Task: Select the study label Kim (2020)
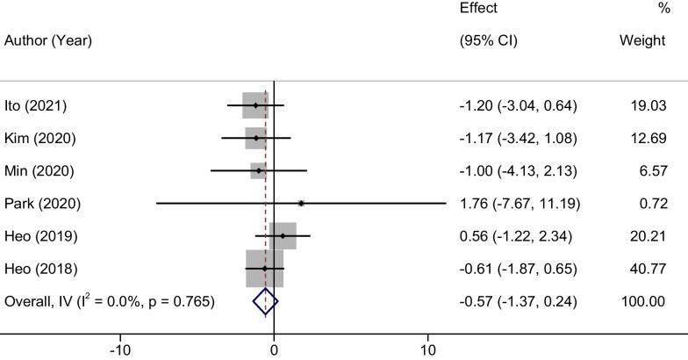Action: click(39, 139)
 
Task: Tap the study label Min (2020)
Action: click(39, 170)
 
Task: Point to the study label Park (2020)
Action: click(42, 204)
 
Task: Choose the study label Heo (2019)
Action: click(40, 236)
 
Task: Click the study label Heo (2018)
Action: click(40, 268)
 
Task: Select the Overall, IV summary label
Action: click(109, 301)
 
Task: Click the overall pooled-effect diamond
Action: click(265, 301)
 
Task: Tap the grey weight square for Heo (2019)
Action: click(283, 236)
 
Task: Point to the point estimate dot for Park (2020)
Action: click(301, 203)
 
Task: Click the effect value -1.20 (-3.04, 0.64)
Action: click(518, 106)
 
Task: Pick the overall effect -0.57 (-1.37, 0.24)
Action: click(518, 301)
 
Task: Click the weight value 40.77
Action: click(649, 268)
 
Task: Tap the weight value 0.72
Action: click(652, 204)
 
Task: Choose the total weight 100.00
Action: click(645, 301)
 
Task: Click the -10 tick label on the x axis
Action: click(118, 349)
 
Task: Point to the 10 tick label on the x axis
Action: click(428, 349)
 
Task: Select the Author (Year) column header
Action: click(48, 41)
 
